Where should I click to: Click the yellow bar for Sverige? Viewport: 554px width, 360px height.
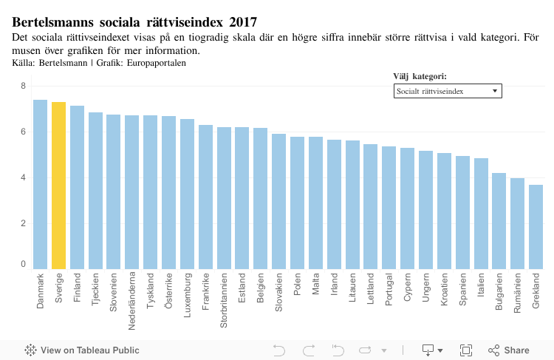59,185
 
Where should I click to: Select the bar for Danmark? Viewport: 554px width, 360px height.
41,184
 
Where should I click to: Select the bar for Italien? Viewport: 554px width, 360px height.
481,214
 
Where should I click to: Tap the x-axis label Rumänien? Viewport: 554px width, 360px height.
518,292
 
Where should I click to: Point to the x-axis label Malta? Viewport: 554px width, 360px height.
316,284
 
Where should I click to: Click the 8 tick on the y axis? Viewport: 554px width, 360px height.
23,86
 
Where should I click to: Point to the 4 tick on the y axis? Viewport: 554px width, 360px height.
23,178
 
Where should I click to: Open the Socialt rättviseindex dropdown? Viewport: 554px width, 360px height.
448,91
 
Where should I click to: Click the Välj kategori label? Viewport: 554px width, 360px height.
420,76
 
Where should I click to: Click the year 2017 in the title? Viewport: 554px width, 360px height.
242,22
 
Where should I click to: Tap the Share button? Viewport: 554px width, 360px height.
509,350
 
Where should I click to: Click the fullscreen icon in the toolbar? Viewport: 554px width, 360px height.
466,350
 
